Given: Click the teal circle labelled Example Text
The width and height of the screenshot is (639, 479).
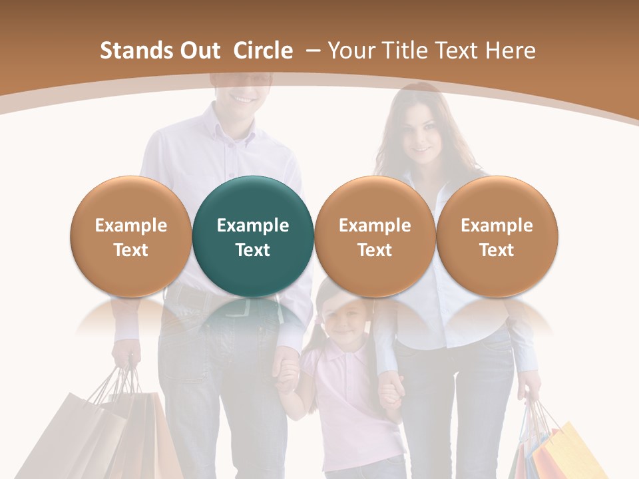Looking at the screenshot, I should click(253, 236).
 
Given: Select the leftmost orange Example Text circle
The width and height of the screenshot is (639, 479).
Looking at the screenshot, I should click(130, 236).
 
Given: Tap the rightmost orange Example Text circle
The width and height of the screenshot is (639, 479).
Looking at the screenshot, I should click(497, 236).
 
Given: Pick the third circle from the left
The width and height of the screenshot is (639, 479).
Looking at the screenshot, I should click(375, 236).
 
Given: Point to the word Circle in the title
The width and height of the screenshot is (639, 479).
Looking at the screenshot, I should click(263, 51).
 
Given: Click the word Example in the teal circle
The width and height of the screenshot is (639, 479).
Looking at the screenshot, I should click(253, 226).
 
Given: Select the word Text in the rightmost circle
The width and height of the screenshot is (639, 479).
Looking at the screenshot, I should click(497, 250).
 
